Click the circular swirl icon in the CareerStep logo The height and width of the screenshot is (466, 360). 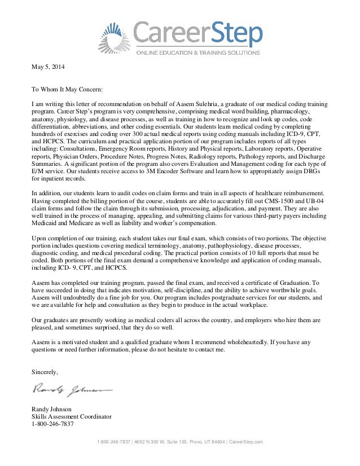117,36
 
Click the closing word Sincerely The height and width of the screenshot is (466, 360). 43,371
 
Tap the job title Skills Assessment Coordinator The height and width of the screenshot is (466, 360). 71,416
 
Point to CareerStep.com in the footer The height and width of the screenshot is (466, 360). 245,442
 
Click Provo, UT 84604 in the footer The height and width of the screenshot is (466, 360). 201,442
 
